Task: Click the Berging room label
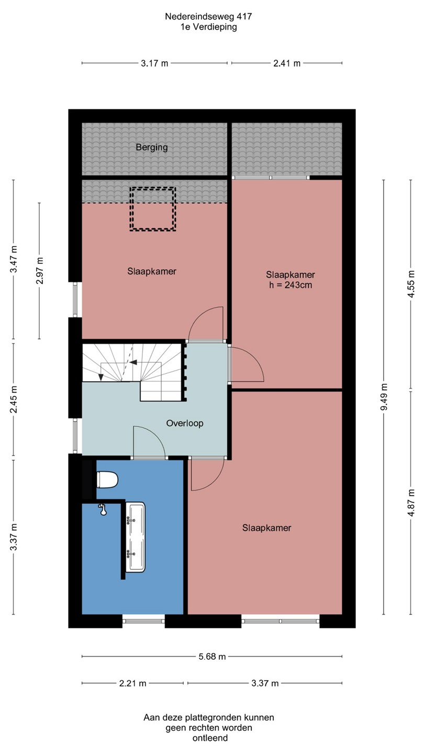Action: click(x=152, y=148)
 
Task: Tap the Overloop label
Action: click(x=185, y=423)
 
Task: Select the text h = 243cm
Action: click(x=291, y=285)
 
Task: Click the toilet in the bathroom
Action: click(x=107, y=480)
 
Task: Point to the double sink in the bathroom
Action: click(x=135, y=537)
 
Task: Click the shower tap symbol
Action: click(x=103, y=509)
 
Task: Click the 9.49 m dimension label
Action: click(x=384, y=397)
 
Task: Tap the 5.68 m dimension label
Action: click(x=211, y=657)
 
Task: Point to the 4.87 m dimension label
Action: click(x=411, y=502)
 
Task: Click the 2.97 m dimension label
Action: click(x=40, y=271)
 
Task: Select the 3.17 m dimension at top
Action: click(x=154, y=63)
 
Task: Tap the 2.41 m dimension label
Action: click(x=287, y=63)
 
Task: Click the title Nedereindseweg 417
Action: click(x=208, y=17)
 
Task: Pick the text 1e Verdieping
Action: click(x=208, y=27)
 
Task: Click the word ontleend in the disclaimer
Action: click(x=210, y=738)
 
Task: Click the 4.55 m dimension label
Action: click(x=411, y=284)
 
